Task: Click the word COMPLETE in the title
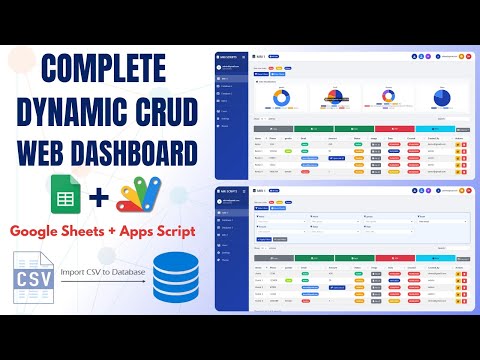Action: pos(104,72)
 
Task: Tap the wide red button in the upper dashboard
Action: pos(400,129)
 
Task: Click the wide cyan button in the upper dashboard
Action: pos(432,129)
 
